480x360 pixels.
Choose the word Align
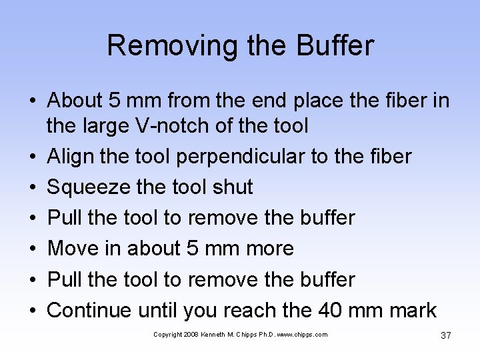(70, 157)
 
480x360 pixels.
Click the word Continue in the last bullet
(90, 310)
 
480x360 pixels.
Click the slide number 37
(446, 335)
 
